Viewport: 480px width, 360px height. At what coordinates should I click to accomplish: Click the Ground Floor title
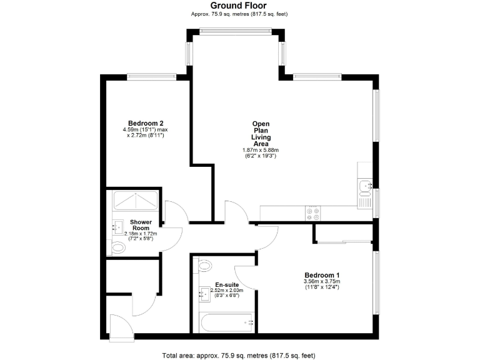click(239, 6)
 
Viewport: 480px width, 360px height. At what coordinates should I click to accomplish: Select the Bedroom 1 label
click(322, 275)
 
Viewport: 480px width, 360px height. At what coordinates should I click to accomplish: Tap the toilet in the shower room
click(117, 248)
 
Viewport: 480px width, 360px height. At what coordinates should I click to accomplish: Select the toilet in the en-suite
click(205, 266)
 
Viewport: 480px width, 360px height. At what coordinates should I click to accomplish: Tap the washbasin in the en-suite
click(203, 292)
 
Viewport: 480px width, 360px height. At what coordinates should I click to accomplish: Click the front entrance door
click(119, 324)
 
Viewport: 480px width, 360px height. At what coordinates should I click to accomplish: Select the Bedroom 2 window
click(151, 76)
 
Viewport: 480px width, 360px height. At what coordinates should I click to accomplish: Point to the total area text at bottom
click(239, 354)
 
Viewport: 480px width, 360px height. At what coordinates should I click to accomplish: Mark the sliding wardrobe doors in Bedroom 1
click(344, 240)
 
